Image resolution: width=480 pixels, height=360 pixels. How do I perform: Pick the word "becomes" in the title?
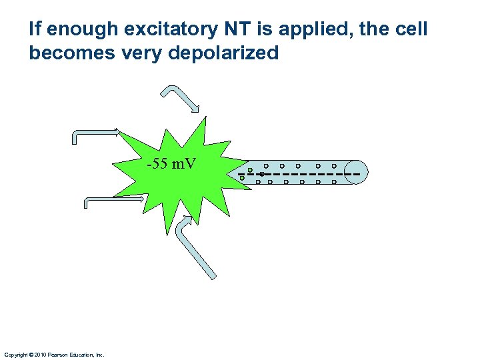(63, 53)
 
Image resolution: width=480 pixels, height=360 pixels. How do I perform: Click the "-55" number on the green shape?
(157, 163)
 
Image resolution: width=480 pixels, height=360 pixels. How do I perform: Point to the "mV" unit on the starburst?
(184, 163)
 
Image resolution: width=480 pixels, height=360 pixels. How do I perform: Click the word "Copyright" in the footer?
(15, 355)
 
